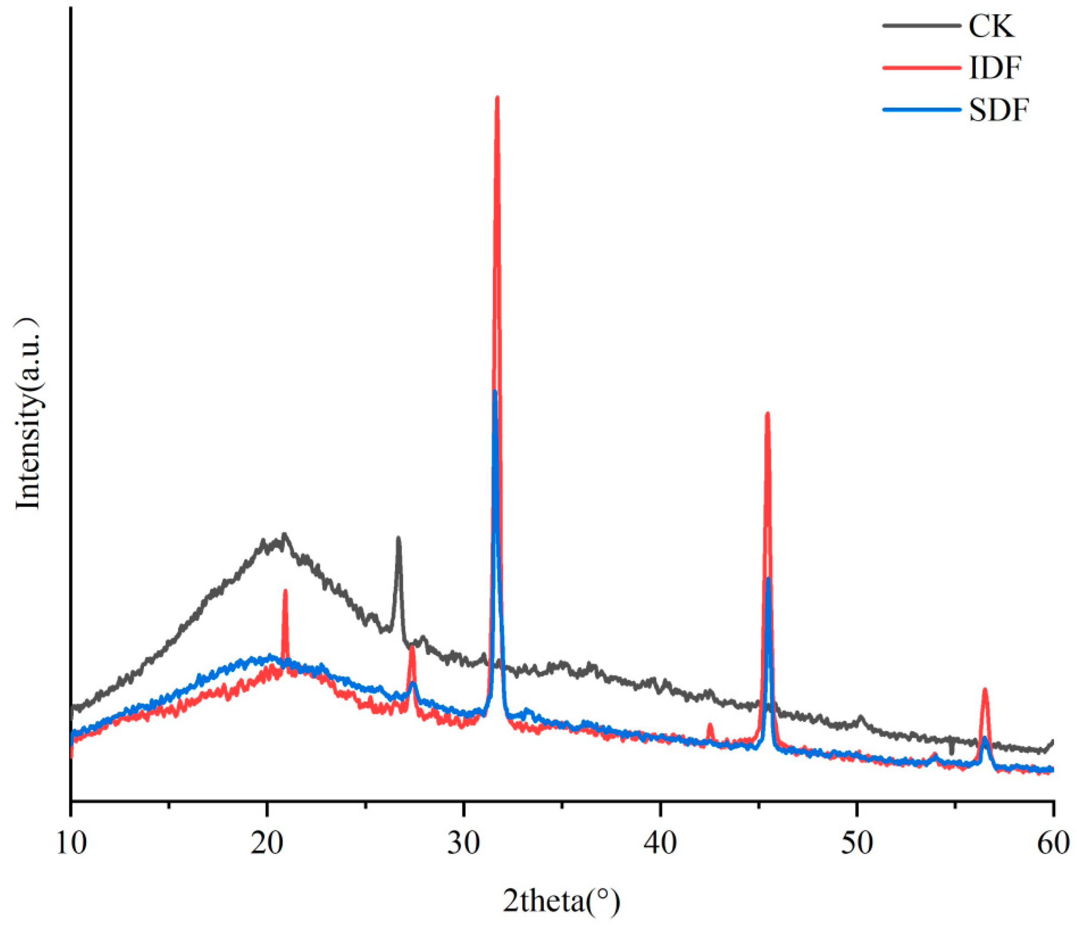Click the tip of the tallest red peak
[497, 97]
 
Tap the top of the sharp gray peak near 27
[399, 538]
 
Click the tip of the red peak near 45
[767, 413]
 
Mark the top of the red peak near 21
[285, 591]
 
